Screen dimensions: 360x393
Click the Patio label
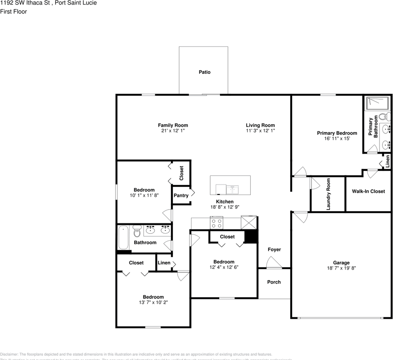[x=205, y=72]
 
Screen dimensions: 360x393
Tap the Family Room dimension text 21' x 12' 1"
[x=173, y=131]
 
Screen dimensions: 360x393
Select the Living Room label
[x=260, y=125]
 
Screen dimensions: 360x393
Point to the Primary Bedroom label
[x=337, y=133]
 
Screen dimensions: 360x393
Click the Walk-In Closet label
[x=368, y=191]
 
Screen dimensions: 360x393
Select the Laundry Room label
[x=328, y=194]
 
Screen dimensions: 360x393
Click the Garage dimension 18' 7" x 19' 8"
[x=341, y=268]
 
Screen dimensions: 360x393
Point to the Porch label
[x=274, y=282]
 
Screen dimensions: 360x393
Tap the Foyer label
[x=274, y=249]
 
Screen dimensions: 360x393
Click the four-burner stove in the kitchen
[x=217, y=223]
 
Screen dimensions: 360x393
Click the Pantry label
[x=181, y=196]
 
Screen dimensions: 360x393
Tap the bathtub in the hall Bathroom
[x=123, y=237]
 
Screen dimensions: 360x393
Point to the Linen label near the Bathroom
[x=164, y=263]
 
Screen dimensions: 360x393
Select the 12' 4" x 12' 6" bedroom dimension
[x=224, y=267]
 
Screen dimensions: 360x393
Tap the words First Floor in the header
[x=14, y=12]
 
